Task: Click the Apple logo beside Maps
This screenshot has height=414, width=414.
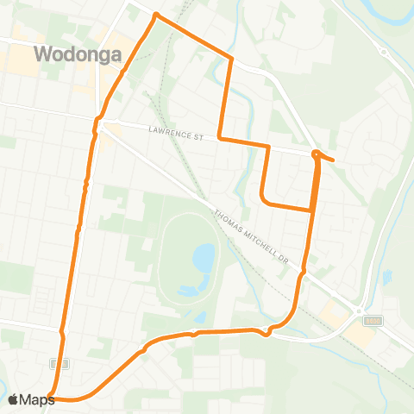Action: coord(14,399)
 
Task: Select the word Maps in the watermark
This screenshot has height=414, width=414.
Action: coord(38,399)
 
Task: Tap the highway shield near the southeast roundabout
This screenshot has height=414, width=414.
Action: coord(373,321)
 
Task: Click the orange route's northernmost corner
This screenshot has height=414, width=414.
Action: coord(155,16)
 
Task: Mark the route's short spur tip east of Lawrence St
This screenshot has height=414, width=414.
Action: coord(333,160)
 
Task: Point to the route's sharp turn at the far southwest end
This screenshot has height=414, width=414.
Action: coord(50,396)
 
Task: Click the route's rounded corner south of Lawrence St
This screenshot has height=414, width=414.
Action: coord(262,201)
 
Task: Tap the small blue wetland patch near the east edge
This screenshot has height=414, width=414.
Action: coord(386,278)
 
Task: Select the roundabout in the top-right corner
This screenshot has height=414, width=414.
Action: coord(382,51)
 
